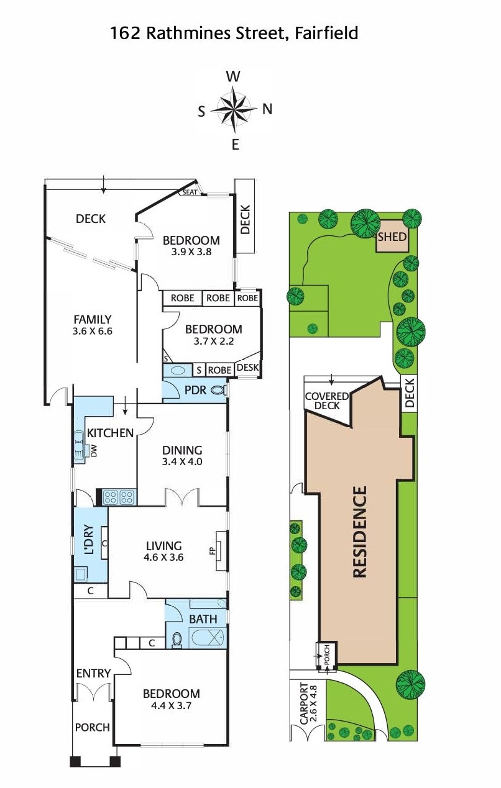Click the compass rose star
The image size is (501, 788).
coord(234,109)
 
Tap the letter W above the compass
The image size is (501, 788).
coord(234,76)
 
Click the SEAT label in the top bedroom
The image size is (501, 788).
coord(190,192)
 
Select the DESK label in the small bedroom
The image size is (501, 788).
coord(248,367)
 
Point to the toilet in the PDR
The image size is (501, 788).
coord(218,390)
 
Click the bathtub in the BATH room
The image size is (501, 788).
coord(207,638)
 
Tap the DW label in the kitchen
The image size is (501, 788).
coord(94,451)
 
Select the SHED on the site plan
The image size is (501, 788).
coord(392,237)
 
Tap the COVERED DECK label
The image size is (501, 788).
coord(327,401)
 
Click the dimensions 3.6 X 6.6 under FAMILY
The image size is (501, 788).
coord(92,331)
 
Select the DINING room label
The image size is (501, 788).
coord(182,450)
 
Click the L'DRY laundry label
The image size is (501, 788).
coord(90,540)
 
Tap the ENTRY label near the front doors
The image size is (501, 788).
coord(94,673)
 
